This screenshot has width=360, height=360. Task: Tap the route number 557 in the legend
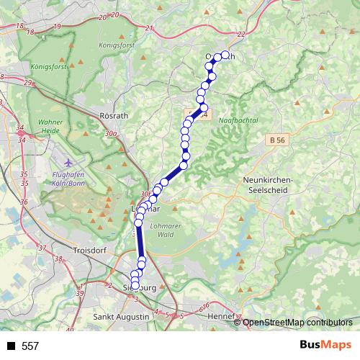coord(30,346)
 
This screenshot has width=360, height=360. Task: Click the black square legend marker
coord(12,346)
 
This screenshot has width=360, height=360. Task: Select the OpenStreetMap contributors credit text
coord(297,322)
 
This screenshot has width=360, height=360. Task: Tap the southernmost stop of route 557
coord(135,287)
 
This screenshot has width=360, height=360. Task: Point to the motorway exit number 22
coord(240,34)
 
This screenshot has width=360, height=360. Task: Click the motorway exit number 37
coord(40,247)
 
